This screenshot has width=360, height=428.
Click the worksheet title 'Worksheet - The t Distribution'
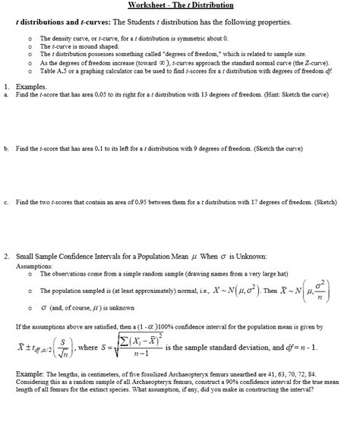[x=180, y=5]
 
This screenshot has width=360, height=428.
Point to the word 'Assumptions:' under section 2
[x=33, y=267]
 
